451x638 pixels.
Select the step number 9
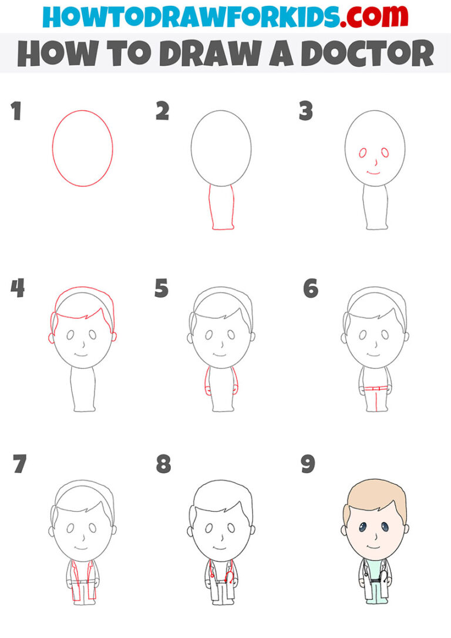(308, 464)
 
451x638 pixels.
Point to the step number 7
(19, 464)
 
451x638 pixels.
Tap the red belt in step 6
(374, 389)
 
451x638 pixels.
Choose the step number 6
(310, 288)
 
